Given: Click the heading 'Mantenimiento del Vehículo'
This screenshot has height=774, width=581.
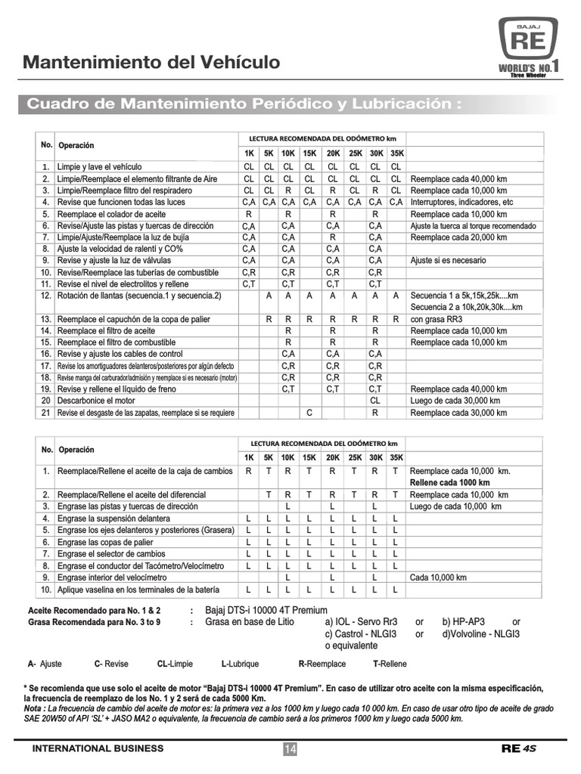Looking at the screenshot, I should (151, 62).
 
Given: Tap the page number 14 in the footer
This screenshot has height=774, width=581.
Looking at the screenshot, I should (290, 748).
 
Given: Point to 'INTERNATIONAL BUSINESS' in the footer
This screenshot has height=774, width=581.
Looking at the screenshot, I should (98, 748).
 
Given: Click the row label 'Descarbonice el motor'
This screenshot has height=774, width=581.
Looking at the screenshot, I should (96, 401).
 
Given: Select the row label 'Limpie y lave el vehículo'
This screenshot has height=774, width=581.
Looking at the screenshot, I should (99, 166).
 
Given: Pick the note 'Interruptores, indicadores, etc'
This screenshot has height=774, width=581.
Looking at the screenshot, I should (461, 203).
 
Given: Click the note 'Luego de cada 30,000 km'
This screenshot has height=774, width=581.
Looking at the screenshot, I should (455, 401).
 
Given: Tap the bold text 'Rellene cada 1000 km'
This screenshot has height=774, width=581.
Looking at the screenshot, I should (449, 482).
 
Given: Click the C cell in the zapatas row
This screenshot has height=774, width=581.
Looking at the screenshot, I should (309, 413).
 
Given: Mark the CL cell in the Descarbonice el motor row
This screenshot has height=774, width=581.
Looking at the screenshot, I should (374, 401).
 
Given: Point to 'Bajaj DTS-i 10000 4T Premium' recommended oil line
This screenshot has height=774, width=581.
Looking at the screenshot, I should (266, 610).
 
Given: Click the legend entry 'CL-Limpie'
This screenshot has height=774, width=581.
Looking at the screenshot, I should (175, 664).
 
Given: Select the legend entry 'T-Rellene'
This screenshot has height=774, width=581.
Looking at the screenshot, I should (389, 664).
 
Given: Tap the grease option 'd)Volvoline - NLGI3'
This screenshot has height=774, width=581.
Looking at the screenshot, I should (481, 634).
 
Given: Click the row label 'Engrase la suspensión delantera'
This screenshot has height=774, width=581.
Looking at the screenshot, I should (114, 519).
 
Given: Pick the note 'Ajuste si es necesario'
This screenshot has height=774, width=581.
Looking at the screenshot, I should (448, 260).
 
